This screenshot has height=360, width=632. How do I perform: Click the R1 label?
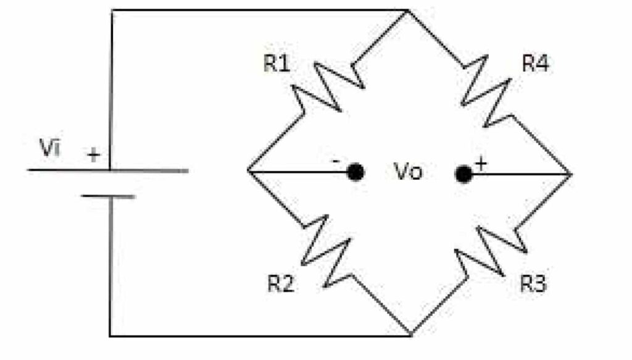[x=276, y=63]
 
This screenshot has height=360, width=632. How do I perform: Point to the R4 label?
[x=535, y=63]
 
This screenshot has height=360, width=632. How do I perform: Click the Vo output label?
[x=408, y=172]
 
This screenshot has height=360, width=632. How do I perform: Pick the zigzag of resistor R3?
[x=491, y=251]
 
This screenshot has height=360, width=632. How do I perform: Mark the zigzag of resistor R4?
[x=486, y=91]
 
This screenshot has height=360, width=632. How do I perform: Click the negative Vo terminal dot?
[x=355, y=172]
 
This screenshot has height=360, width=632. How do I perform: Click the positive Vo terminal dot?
[x=464, y=174]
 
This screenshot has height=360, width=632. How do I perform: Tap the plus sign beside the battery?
[x=94, y=155]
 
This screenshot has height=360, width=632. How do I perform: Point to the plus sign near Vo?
[x=481, y=164]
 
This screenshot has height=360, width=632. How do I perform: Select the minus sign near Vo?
[x=335, y=161]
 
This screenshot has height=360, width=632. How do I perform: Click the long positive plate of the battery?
[x=107, y=170]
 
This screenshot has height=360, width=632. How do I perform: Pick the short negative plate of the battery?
[x=108, y=197]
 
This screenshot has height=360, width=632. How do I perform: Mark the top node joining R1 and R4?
[x=407, y=10]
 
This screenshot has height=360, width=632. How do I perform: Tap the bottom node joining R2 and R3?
[x=411, y=335]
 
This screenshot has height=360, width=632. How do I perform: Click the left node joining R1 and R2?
[x=248, y=171]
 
